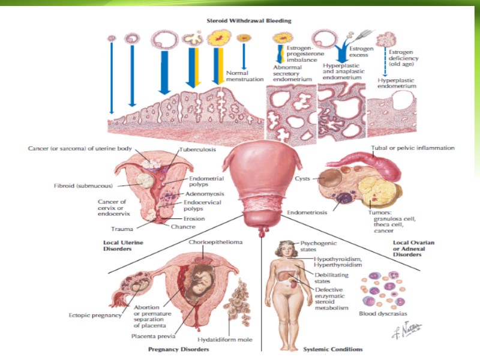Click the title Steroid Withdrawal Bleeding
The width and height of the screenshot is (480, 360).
point(249,20)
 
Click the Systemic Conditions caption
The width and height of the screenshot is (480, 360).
point(332,349)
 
